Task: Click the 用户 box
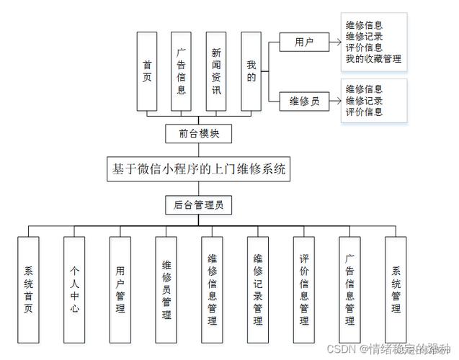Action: (303, 42)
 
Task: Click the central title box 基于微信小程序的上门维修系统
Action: (199, 170)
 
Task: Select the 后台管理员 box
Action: (199, 204)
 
